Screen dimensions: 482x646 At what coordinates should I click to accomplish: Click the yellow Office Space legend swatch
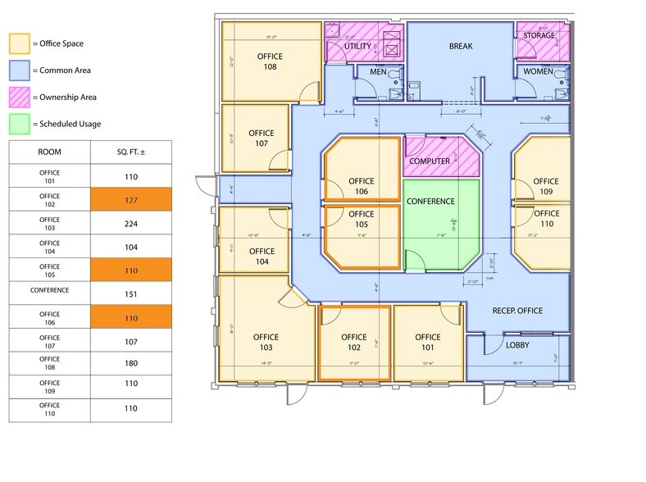[19, 43]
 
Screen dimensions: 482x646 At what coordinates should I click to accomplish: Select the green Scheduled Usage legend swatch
[19, 124]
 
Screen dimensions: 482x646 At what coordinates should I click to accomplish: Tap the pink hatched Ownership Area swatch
[19, 97]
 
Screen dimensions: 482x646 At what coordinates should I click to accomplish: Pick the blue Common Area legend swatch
[19, 70]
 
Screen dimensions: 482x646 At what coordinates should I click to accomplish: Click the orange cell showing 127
[130, 198]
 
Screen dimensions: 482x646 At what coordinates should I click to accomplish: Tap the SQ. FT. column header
[130, 152]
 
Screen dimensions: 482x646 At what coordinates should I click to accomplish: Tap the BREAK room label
[461, 47]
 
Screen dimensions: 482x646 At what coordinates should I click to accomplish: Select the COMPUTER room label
[430, 161]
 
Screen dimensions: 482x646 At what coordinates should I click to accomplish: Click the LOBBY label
[516, 345]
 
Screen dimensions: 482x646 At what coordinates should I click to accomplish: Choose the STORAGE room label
[539, 36]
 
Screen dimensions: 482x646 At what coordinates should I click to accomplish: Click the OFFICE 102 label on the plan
[353, 343]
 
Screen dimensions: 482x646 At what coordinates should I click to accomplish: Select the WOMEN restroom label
[539, 72]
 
